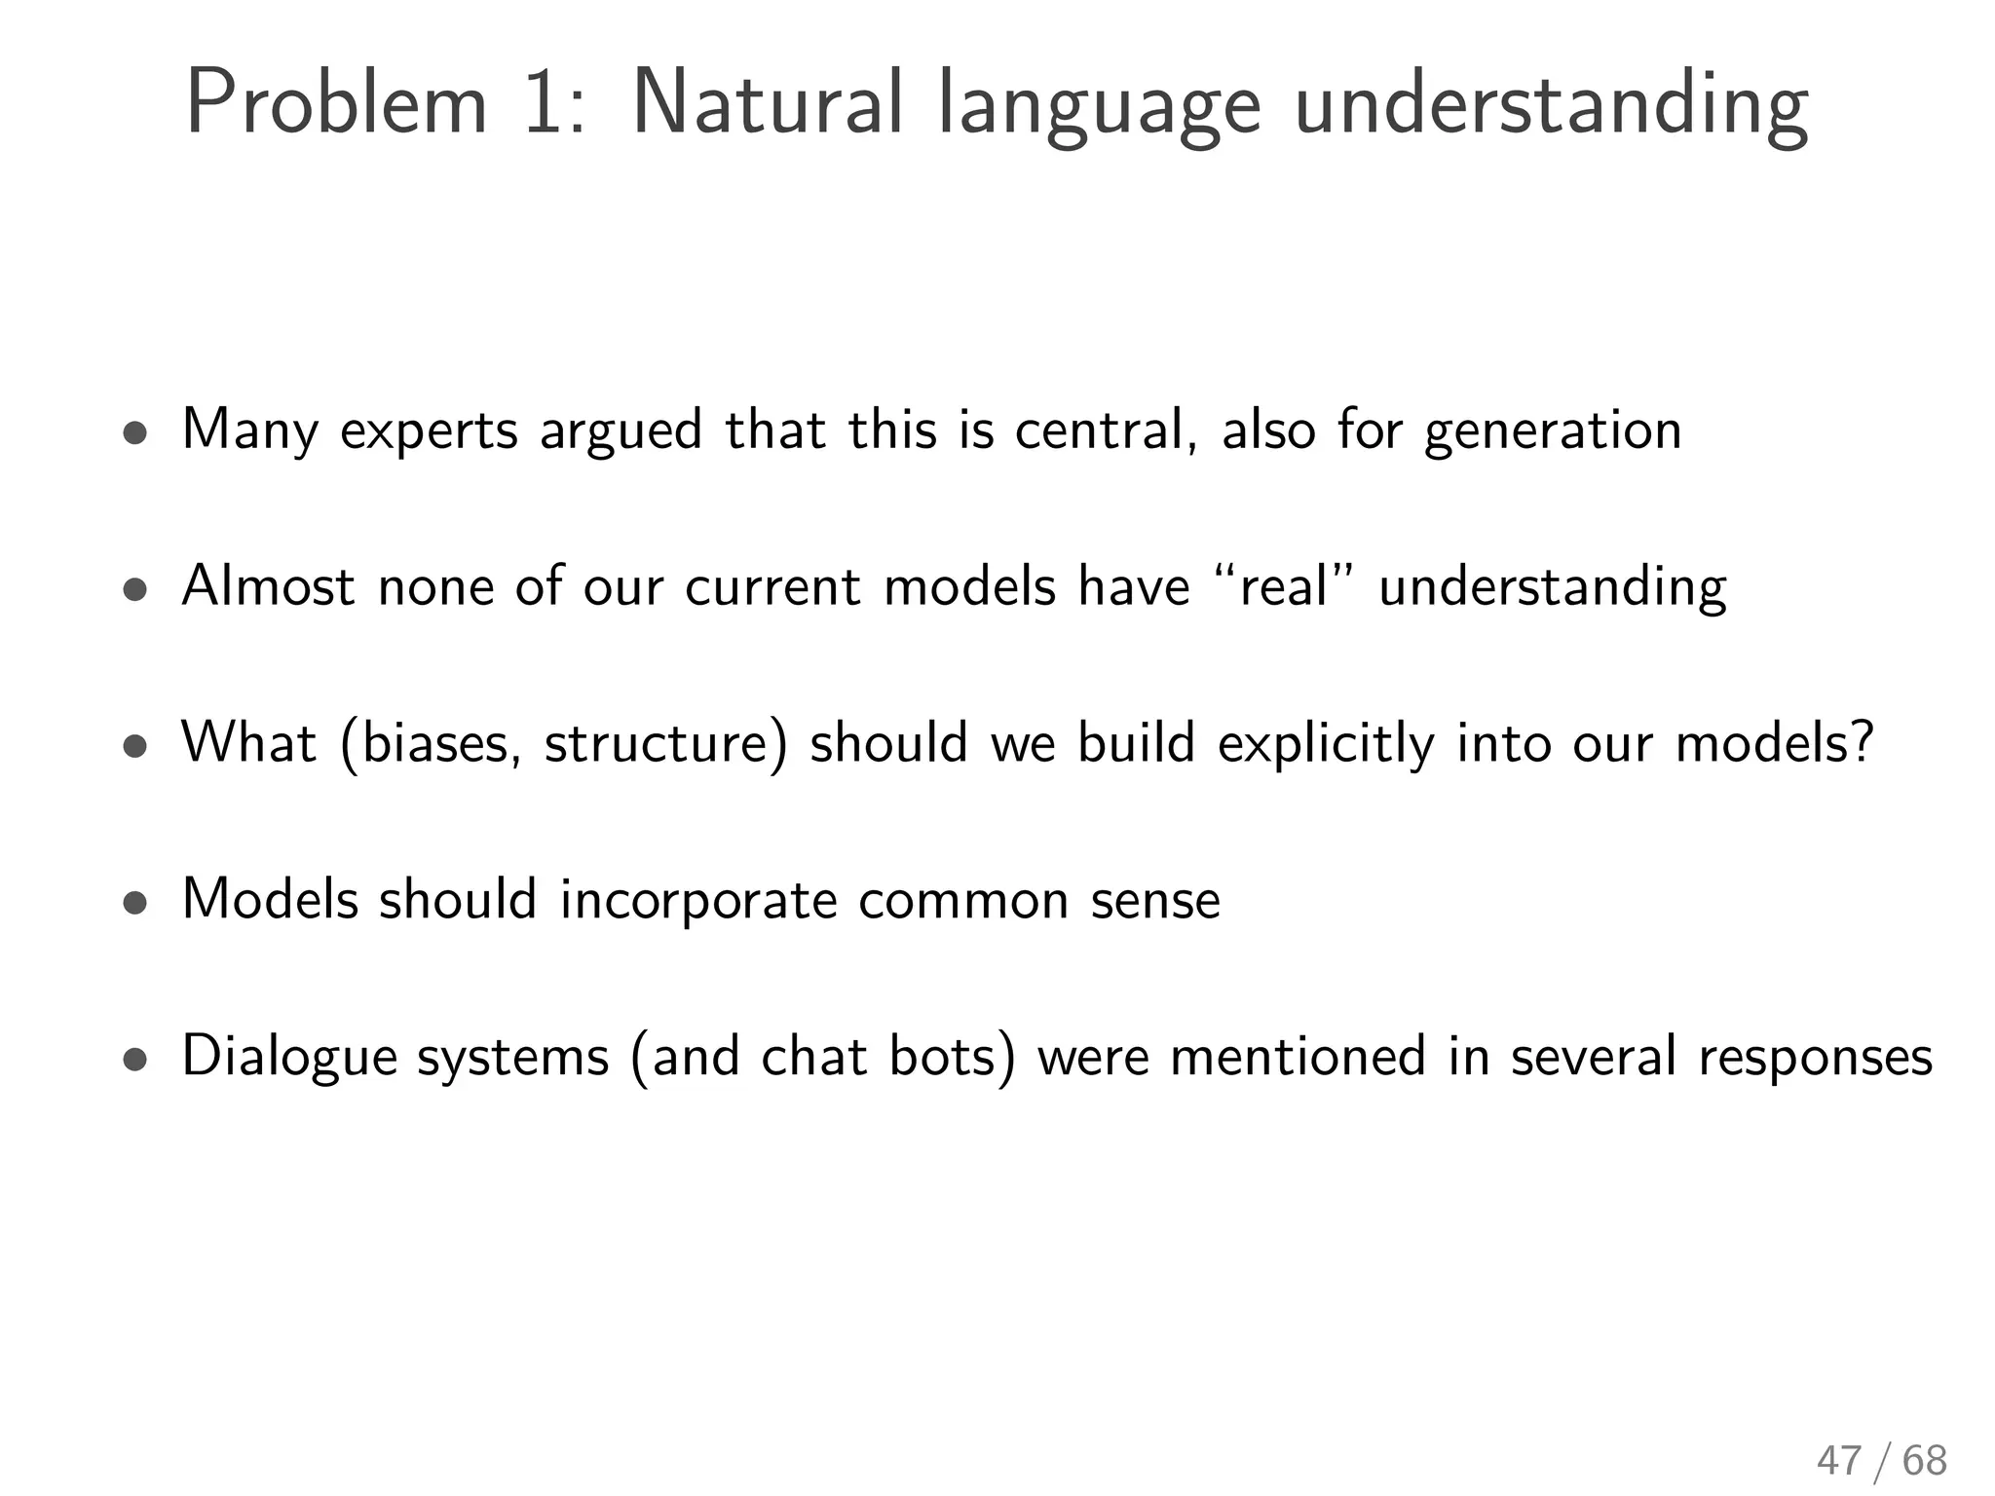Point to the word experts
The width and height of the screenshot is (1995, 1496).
click(429, 431)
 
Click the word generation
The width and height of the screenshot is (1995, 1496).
click(1553, 431)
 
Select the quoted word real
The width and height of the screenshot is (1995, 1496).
click(1283, 586)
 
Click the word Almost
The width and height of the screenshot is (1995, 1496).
click(268, 586)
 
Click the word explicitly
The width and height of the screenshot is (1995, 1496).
click(1326, 745)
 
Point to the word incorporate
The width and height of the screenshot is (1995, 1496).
click(698, 901)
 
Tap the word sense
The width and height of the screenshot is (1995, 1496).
click(1155, 901)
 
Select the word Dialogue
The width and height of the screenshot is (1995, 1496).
click(289, 1058)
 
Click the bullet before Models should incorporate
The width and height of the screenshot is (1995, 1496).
click(135, 903)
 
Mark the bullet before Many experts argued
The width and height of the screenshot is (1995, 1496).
click(135, 433)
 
